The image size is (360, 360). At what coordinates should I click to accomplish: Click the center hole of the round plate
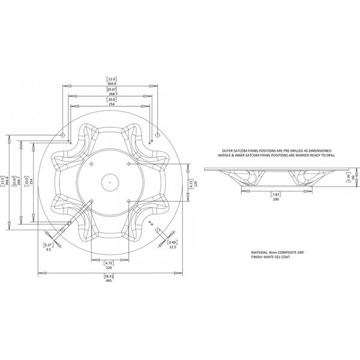click(110, 179)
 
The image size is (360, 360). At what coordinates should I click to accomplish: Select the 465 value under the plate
click(109, 281)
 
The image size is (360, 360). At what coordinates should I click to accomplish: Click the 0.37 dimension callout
click(49, 245)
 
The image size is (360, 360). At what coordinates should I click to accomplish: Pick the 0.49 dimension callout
click(172, 241)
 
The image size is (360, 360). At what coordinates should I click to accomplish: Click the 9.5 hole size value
click(49, 250)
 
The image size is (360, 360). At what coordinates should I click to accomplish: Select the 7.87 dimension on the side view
click(276, 196)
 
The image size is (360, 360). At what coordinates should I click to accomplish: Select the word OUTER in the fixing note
click(230, 150)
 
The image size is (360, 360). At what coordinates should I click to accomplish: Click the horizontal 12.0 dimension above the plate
click(112, 79)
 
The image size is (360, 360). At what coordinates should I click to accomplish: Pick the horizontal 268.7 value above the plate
click(112, 94)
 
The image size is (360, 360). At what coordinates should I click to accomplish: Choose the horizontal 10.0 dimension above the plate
click(112, 100)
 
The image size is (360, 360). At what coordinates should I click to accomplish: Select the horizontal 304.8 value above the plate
click(112, 84)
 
